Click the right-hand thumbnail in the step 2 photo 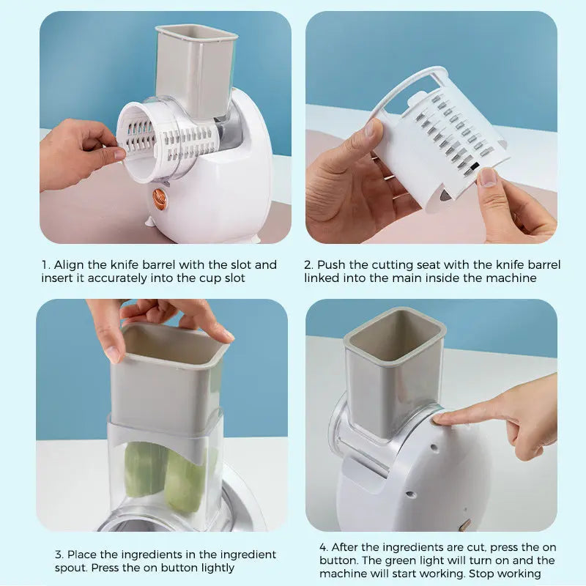487,177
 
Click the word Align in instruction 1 70,264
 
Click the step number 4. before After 324,547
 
